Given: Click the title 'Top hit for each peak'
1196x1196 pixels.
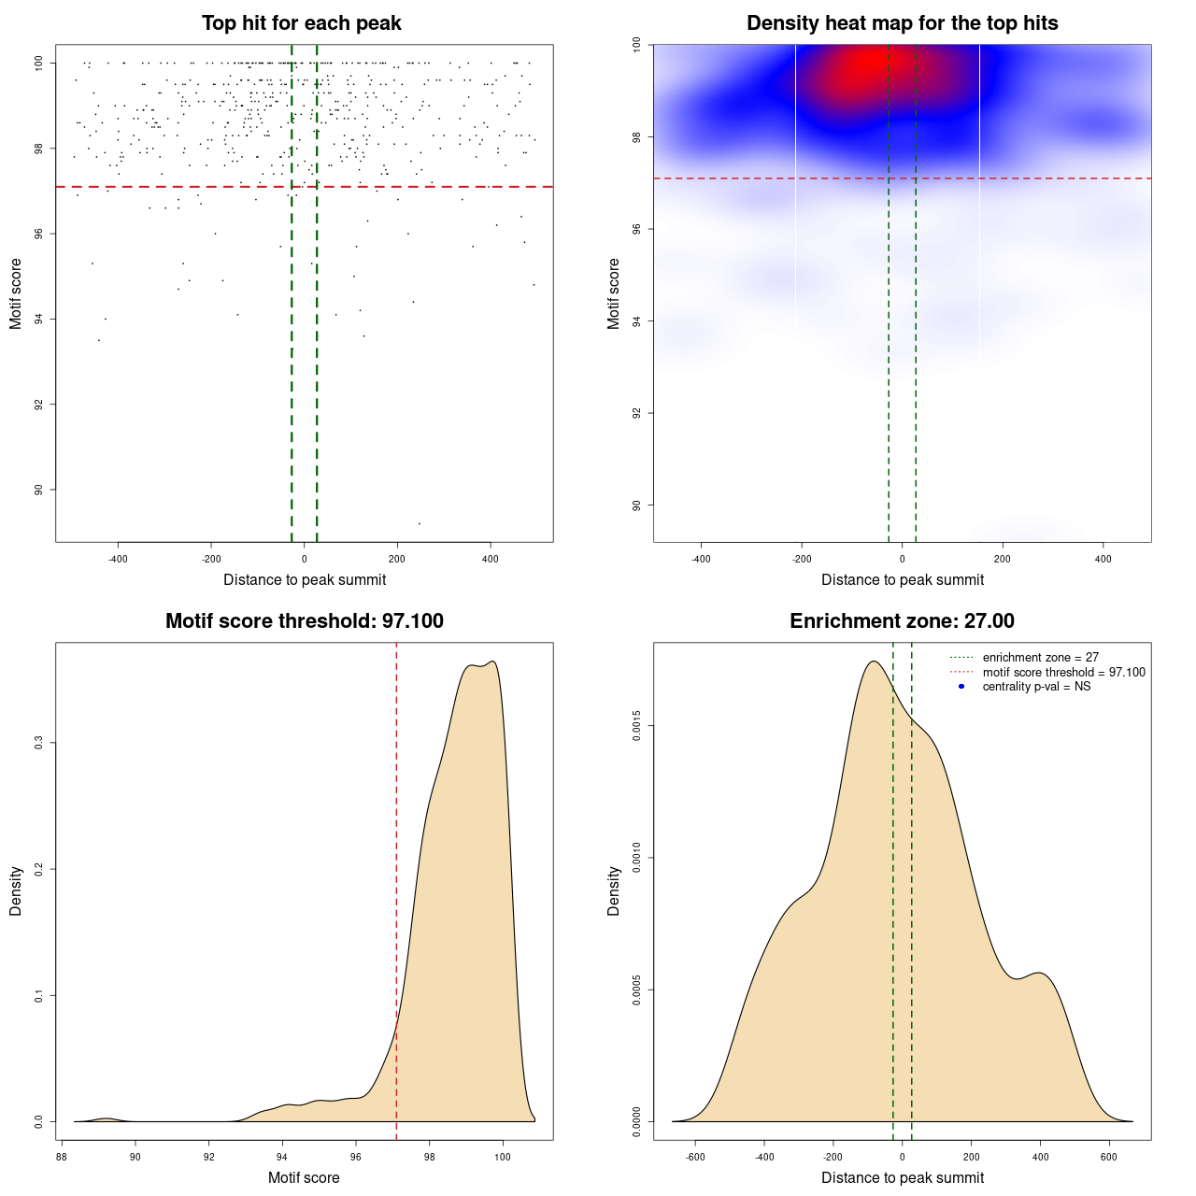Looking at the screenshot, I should (x=301, y=23).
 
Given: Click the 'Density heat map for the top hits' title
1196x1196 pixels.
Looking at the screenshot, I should (x=902, y=23).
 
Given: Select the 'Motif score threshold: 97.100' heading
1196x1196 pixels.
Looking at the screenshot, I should (x=304, y=621).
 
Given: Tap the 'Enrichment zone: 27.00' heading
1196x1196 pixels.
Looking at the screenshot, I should (x=902, y=621).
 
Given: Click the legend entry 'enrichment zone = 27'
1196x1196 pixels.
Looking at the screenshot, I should (x=1040, y=658).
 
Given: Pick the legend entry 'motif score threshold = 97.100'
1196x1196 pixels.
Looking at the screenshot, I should (x=1063, y=672).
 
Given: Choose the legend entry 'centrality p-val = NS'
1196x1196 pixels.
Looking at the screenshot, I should (x=1036, y=687).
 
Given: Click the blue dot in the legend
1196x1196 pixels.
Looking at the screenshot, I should (x=961, y=687).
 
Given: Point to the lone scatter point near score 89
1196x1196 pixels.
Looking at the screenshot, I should (x=419, y=523).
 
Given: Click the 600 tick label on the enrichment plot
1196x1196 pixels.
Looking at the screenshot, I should (x=1109, y=1158).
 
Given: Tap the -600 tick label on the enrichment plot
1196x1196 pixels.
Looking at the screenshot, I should (x=695, y=1158).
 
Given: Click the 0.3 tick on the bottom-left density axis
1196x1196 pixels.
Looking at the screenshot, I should (x=38, y=743).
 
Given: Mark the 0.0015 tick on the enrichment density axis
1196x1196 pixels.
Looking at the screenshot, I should (x=636, y=726).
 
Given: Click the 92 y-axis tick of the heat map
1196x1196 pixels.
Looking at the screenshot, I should (x=636, y=413).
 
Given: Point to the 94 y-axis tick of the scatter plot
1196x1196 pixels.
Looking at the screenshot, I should (x=38, y=319).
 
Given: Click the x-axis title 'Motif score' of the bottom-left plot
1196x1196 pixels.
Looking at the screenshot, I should (x=304, y=1178).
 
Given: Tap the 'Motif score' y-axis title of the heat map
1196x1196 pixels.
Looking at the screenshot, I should (x=614, y=293).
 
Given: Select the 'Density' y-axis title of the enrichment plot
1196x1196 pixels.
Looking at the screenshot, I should (x=614, y=890).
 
